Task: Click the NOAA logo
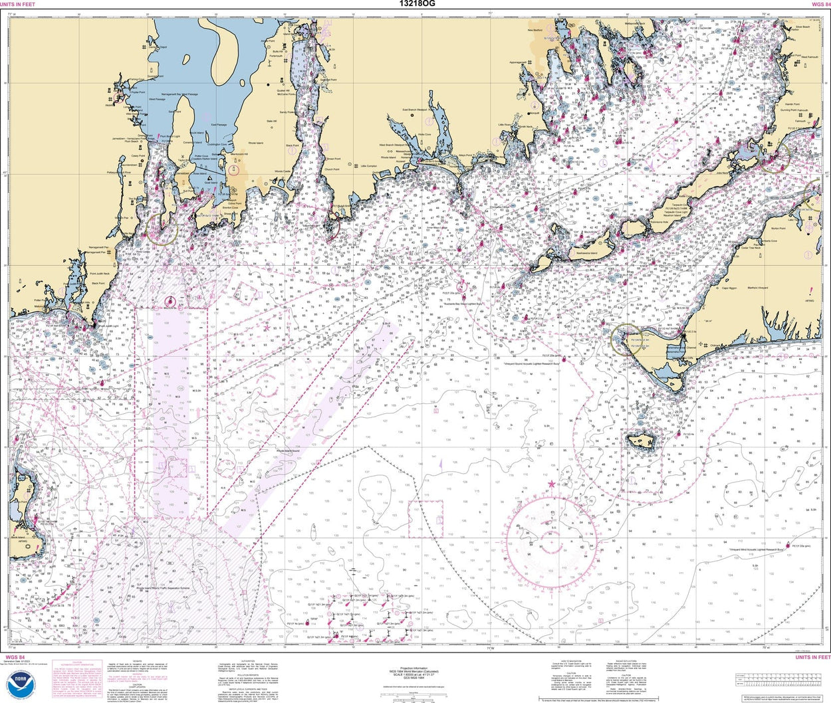click(x=21, y=686)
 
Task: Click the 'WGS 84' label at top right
click(x=820, y=4)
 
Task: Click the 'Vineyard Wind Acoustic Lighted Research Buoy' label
click(x=757, y=550)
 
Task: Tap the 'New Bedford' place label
click(x=535, y=30)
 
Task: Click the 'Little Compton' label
click(x=368, y=166)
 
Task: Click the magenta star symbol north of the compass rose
click(x=552, y=483)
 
